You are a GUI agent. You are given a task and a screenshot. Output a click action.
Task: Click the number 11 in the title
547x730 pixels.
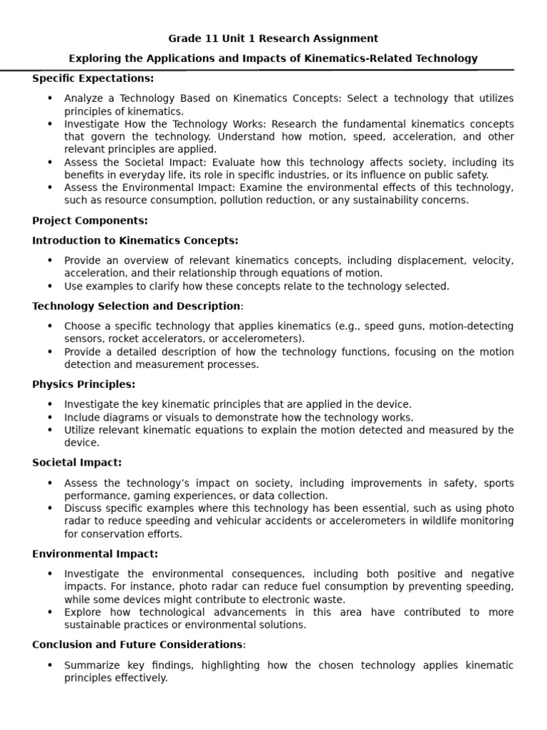[x=207, y=38]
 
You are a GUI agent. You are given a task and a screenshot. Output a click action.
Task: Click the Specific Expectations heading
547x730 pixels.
[x=93, y=78]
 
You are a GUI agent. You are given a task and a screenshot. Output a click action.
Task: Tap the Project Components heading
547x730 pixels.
[x=90, y=220]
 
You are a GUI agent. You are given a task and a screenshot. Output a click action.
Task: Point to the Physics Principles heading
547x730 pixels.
[x=83, y=384]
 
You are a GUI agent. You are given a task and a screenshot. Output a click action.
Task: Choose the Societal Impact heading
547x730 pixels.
[x=77, y=463]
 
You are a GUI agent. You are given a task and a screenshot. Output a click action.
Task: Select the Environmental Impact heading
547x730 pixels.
[x=95, y=554]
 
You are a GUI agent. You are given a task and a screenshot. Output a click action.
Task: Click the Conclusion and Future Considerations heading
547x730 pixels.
[x=137, y=645]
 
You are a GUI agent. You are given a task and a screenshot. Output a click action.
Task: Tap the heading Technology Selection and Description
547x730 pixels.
[x=136, y=306]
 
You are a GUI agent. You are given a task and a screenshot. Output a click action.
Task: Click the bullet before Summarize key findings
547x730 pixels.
[x=49, y=665]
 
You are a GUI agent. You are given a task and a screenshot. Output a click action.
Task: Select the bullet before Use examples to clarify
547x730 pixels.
[x=49, y=286]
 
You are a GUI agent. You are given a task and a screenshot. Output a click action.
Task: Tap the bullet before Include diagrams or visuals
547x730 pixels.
[x=49, y=417]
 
